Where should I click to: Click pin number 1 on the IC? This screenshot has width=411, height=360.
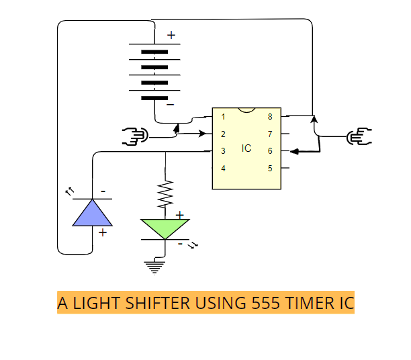pos(223,117)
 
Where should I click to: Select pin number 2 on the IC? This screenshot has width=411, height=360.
pos(223,134)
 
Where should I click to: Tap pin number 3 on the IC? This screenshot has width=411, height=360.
pos(223,150)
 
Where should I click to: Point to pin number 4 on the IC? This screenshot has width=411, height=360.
pos(223,168)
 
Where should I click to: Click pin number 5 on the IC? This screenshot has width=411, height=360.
pos(270,168)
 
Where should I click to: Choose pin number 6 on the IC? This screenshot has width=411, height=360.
pos(270,150)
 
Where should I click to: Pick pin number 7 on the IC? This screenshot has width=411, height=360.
pos(270,134)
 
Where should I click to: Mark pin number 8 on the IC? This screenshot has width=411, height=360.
pos(270,117)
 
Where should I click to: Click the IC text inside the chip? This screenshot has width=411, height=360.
pos(246,148)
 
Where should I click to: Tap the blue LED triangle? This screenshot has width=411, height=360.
pos(92,213)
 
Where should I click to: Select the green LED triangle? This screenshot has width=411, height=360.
pos(165,228)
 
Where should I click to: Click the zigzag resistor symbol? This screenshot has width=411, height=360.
pos(165,194)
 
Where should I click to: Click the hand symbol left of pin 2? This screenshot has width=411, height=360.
pos(135,136)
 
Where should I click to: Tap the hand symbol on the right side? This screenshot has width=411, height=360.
pos(359,136)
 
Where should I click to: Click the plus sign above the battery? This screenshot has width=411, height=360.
pos(171,35)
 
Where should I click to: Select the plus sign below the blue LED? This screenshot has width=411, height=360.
pos(103,232)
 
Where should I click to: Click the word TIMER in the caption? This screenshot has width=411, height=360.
pos(310,303)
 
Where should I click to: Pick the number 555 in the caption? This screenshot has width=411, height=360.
pos(266,303)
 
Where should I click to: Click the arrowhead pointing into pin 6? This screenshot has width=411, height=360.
pos(294,151)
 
